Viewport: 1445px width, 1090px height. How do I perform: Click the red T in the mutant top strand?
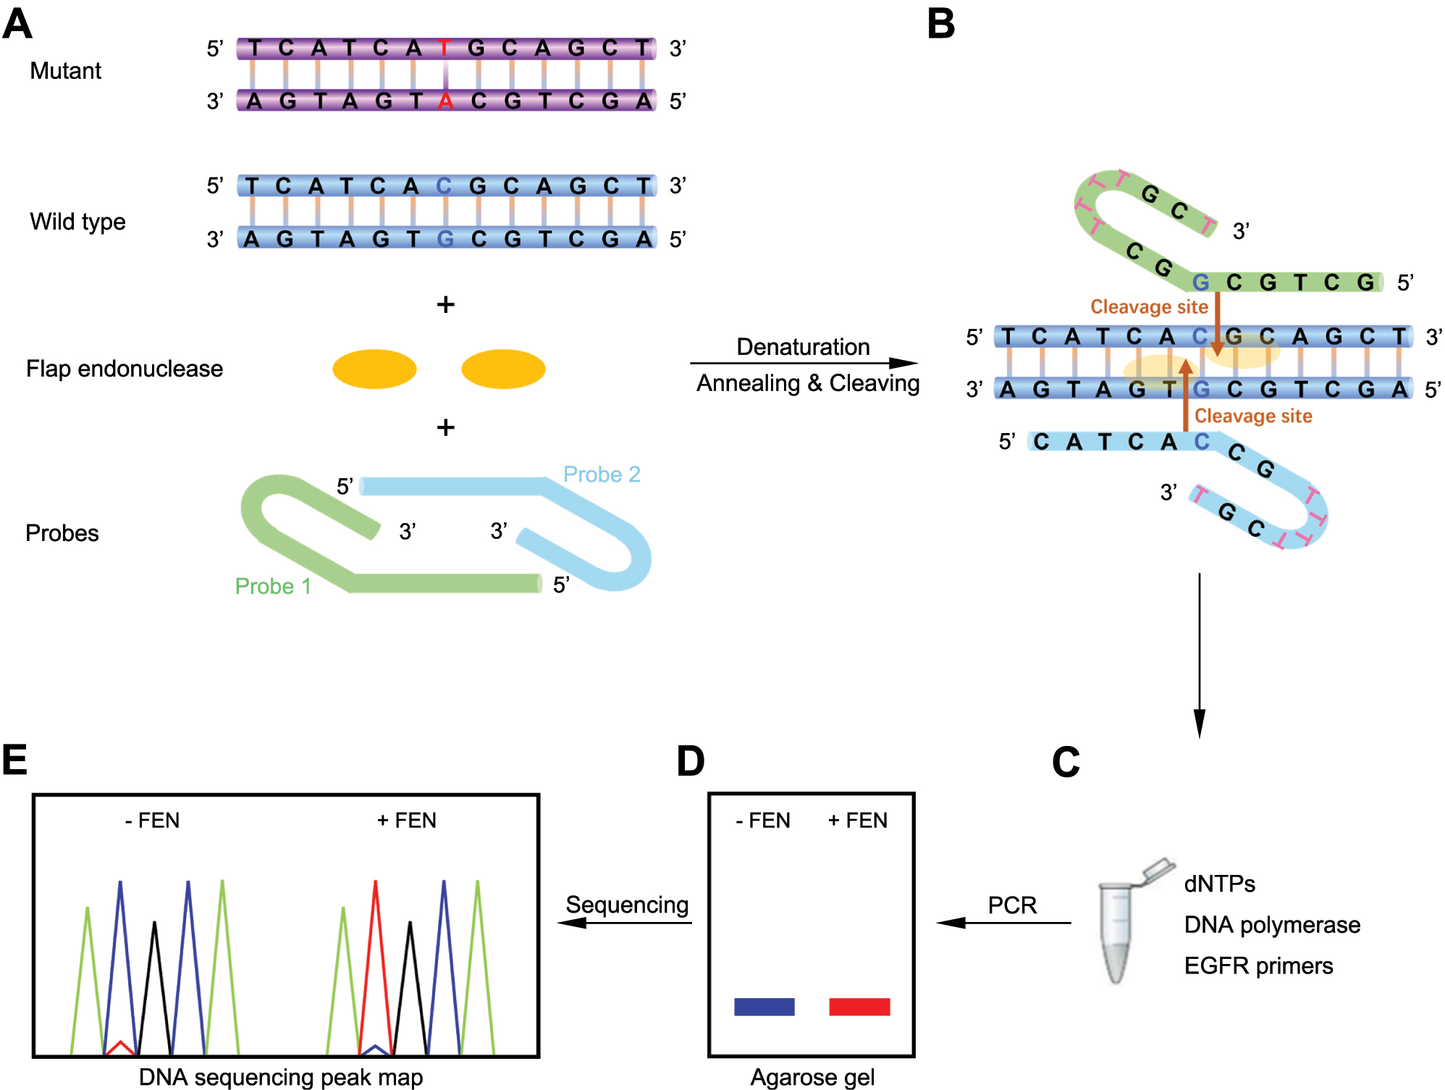tap(444, 49)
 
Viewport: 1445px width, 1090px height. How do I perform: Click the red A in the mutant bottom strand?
tap(445, 101)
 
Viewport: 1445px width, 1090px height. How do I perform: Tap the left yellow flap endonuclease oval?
tap(374, 369)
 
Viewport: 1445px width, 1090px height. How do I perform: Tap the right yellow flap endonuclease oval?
tap(503, 369)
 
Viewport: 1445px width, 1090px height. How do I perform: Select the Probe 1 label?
tap(273, 586)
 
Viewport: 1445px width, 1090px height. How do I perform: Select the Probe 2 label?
tap(602, 474)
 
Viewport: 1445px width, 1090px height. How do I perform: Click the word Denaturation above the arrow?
tap(803, 347)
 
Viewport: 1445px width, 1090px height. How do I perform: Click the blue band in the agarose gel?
tap(764, 1007)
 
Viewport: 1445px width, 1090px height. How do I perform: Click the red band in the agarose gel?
tap(859, 1007)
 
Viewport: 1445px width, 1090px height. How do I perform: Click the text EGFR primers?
tap(1258, 966)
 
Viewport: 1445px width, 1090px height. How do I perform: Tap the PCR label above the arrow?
tap(1012, 905)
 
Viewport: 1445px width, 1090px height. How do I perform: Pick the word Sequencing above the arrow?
tap(627, 905)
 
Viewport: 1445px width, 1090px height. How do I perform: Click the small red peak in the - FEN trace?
tap(121, 1047)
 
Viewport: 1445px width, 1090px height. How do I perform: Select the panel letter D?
tap(691, 761)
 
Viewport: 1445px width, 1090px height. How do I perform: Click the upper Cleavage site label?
tap(1149, 307)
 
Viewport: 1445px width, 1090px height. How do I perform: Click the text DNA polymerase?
tap(1272, 925)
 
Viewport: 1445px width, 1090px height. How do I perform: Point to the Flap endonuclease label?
tap(125, 369)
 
